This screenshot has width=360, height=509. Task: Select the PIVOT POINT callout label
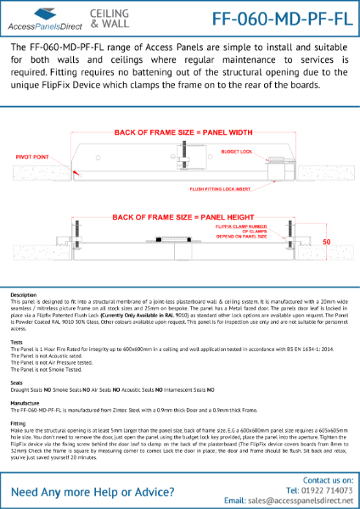[x=31, y=156]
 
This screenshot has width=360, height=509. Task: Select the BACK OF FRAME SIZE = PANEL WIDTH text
[x=180, y=132]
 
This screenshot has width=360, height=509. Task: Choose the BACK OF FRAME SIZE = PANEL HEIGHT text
[x=178, y=216]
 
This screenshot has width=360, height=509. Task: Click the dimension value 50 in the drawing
[x=326, y=241]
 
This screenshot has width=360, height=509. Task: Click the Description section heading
[x=24, y=295]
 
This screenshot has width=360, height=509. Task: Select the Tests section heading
[x=17, y=342]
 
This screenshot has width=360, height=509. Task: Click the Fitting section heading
[x=19, y=422]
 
